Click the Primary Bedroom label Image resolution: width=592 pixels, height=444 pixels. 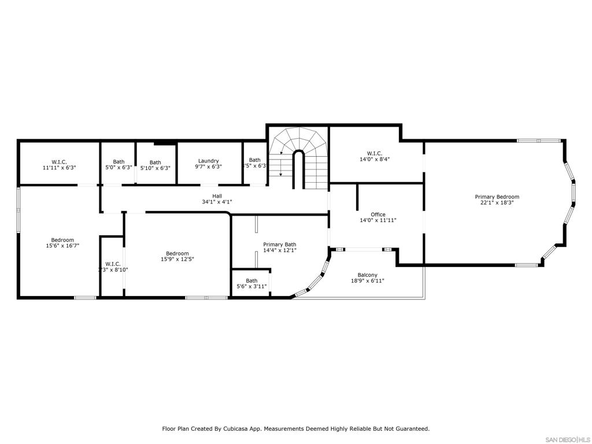point(497,197)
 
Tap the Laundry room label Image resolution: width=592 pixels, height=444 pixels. point(208,161)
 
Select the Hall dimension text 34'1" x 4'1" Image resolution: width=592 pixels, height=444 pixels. point(217,202)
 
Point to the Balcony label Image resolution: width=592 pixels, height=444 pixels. point(368,275)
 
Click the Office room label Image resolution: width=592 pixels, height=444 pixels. point(378,214)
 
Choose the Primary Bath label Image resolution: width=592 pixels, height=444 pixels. point(279,245)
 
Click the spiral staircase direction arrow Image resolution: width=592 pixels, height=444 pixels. point(280,168)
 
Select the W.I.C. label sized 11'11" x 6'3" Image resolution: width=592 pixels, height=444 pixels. point(59,161)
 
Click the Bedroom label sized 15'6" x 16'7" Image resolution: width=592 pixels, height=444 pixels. point(62,240)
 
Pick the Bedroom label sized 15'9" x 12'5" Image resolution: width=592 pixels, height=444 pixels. point(177,253)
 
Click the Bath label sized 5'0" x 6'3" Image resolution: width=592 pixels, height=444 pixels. point(119,162)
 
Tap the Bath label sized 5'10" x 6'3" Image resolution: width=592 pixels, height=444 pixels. point(155,162)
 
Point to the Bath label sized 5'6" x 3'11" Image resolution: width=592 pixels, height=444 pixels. point(251,281)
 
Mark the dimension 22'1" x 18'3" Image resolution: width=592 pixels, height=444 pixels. point(497,203)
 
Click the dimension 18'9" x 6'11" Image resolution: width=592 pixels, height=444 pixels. point(368,281)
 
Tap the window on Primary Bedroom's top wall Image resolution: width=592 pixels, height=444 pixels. point(538,140)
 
